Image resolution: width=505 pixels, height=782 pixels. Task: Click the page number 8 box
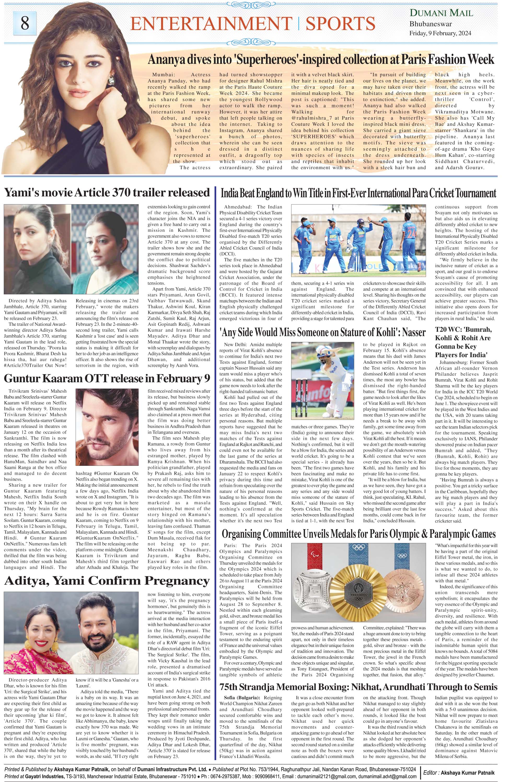[25, 23]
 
